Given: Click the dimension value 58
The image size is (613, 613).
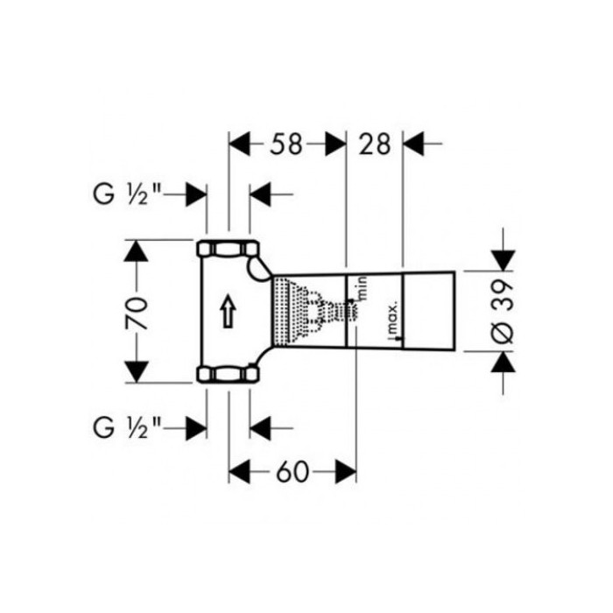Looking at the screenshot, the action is coord(286,144).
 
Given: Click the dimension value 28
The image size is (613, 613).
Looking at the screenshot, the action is coord(375,144).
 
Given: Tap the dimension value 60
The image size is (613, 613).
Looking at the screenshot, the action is coord(292,471).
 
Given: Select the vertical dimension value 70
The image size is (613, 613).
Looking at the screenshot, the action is coord(136,314).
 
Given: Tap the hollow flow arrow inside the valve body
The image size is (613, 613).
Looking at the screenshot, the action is coord(229,312).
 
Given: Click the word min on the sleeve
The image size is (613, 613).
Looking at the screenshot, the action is coord(363,288).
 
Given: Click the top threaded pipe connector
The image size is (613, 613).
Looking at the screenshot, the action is coord(228,249).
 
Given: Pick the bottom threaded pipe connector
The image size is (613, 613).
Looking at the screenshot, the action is coord(228,373).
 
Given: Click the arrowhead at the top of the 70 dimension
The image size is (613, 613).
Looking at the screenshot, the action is coord(136,250).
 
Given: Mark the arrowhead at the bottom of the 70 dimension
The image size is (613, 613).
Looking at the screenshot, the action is coord(136,372).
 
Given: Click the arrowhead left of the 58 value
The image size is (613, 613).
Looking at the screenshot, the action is coord(239,144).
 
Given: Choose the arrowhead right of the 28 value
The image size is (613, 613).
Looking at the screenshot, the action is coord(413,144).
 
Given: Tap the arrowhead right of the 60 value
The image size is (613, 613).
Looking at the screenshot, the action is coord(346,471).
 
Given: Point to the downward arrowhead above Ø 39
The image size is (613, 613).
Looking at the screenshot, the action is coord(503,260).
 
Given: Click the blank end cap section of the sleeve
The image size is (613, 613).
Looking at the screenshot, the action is coord(428,310).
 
